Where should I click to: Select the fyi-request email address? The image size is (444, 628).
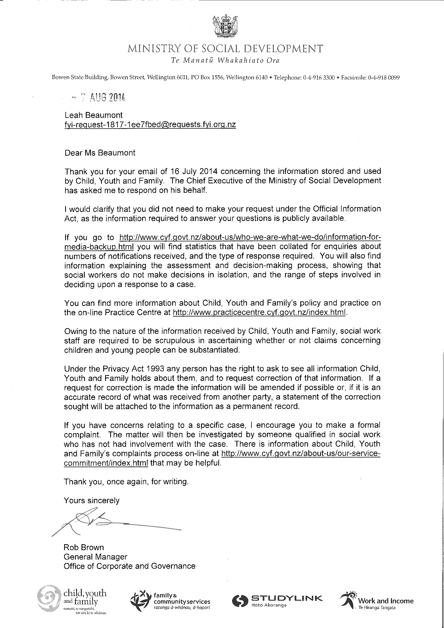150,125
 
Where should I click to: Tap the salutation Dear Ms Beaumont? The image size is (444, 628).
100,153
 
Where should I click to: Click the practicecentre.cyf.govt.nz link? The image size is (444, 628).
260,312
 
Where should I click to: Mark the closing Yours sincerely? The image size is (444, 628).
92,501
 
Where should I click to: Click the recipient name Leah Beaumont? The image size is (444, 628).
94,115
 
